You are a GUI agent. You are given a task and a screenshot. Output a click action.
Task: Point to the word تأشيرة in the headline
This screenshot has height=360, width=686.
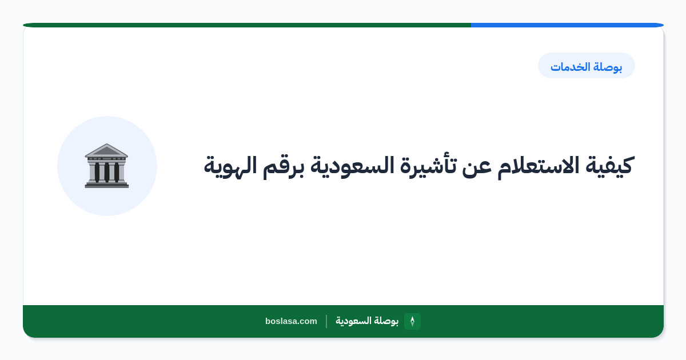(428, 165)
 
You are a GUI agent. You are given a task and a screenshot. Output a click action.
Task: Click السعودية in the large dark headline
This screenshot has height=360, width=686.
(352, 165)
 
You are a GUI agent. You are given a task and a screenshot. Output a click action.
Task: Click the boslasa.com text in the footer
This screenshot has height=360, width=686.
(291, 321)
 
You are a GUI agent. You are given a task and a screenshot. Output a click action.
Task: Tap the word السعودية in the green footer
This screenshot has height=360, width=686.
(353, 321)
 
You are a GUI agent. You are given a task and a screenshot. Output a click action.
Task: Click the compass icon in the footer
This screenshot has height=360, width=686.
(412, 321)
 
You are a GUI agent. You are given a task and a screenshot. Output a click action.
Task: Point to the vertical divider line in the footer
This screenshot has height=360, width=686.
(326, 321)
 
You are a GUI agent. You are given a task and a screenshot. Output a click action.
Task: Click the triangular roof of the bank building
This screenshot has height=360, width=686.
(106, 150)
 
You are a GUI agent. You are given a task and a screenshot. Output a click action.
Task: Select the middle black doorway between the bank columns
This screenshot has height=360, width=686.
(107, 173)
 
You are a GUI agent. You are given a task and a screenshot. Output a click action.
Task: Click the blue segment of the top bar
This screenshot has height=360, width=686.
(567, 25)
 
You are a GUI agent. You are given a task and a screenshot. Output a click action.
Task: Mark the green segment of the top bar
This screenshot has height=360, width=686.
(247, 25)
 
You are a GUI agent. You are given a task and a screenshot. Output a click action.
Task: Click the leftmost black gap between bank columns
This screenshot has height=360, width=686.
(97, 173)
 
